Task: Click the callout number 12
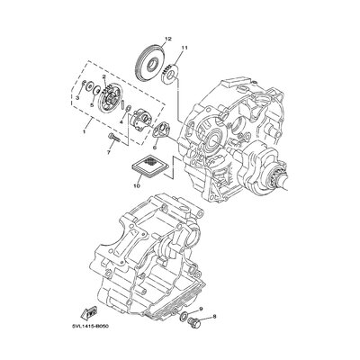[167, 39]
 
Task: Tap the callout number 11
[184, 48]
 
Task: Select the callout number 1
[84, 131]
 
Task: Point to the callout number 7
[109, 152]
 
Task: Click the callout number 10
[137, 186]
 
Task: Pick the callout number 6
[155, 148]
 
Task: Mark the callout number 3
[77, 98]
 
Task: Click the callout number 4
[121, 122]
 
